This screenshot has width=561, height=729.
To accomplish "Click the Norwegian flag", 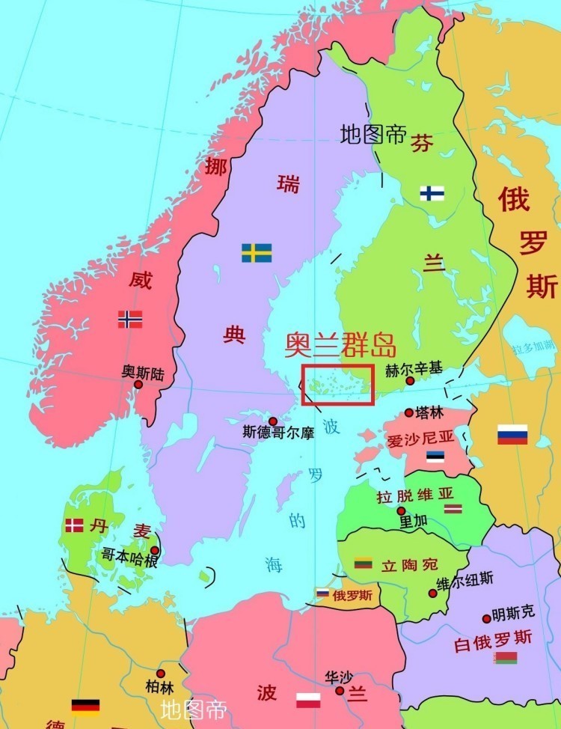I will (130, 320).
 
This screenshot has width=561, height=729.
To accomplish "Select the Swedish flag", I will (257, 253).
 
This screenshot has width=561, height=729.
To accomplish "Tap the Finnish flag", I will (432, 193).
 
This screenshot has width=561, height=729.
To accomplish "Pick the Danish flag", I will (74, 525).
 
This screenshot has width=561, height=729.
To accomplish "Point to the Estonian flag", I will (435, 456).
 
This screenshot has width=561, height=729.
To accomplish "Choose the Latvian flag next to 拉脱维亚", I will (453, 509).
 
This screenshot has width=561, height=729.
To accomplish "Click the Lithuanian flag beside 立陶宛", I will (364, 563).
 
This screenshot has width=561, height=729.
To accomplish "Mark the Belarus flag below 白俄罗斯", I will (505, 658).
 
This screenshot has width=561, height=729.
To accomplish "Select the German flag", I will (86, 707).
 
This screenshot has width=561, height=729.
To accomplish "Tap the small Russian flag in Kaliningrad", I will (322, 593).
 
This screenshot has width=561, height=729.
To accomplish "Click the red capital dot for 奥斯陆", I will (138, 384).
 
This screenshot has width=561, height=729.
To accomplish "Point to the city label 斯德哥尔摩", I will (278, 433).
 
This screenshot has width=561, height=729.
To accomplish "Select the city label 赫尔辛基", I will (413, 369).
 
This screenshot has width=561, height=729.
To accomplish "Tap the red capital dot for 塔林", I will (408, 412).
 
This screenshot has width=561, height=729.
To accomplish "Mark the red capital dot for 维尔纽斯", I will (432, 593).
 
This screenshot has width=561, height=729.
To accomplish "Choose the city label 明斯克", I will (513, 612).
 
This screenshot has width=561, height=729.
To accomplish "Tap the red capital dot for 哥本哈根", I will (155, 550).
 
